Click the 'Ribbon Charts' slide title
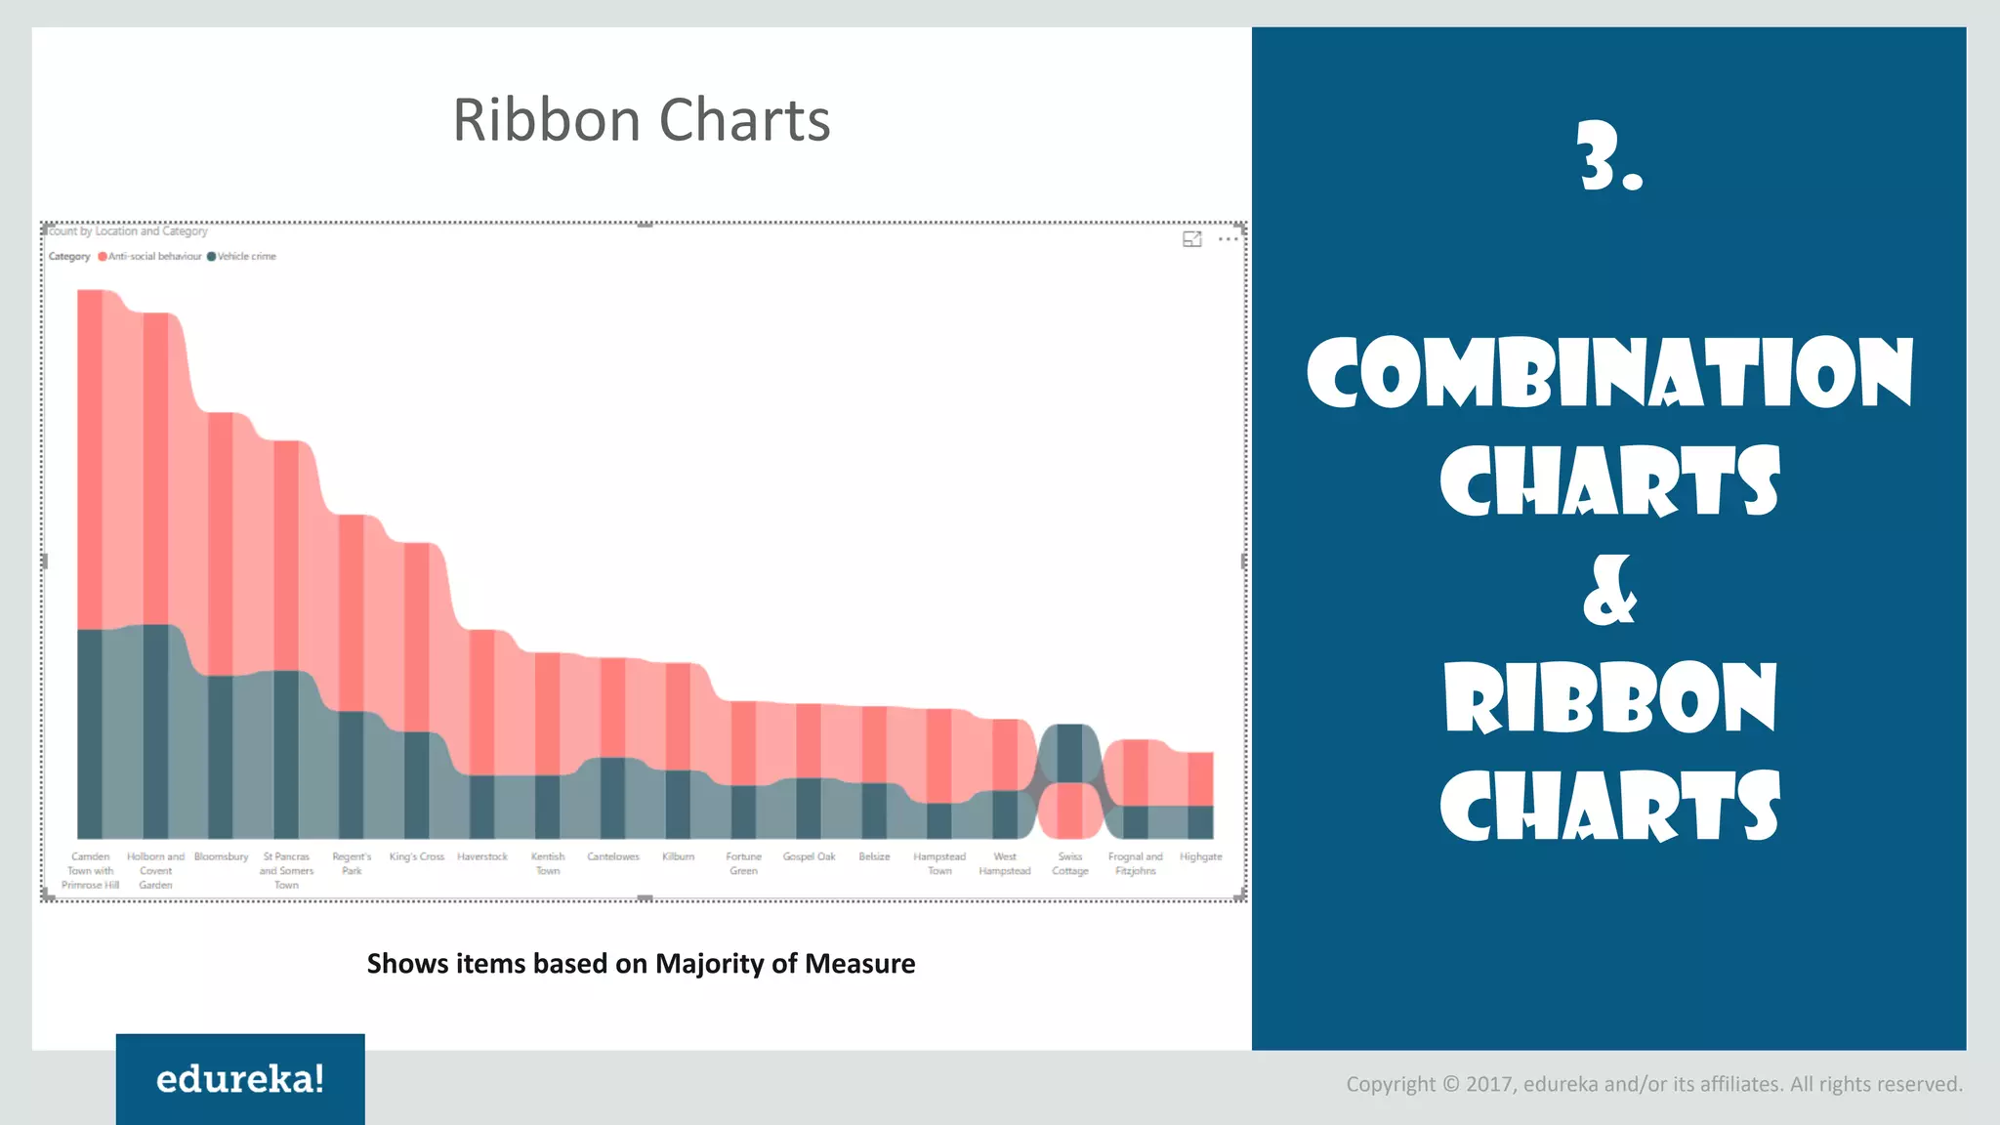coord(641,120)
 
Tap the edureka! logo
coord(240,1079)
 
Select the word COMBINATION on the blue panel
coord(1609,373)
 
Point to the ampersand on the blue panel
coord(1609,591)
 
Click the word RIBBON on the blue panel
coord(1609,697)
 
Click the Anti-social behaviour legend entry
coord(153,257)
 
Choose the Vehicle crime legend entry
coord(245,257)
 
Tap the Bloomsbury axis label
coord(221,856)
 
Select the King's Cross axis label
coord(417,856)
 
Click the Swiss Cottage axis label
coord(1070,863)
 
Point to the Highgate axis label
coord(1200,856)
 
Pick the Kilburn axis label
coord(678,856)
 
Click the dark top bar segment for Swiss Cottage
coord(1070,752)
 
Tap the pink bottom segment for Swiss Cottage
coord(1070,811)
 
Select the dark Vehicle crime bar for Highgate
coord(1200,821)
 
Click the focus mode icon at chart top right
coord(1192,239)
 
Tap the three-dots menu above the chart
coord(1228,239)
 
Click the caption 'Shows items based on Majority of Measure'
coord(641,964)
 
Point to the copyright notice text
coord(1653,1084)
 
